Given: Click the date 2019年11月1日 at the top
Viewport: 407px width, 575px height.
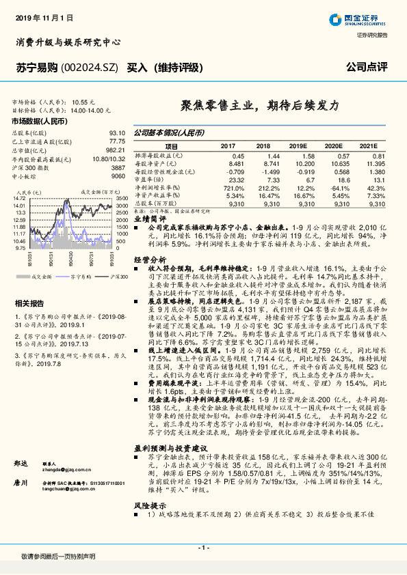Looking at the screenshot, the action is [42, 16].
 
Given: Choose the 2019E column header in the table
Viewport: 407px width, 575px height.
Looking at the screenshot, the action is [298, 146].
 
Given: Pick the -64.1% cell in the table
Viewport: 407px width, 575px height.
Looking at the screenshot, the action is [335, 188].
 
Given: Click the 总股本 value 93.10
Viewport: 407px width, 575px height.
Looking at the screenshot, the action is [116, 133].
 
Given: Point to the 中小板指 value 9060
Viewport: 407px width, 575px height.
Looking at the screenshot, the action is [118, 176].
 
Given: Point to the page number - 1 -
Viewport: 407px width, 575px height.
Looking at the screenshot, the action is [202, 549].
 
